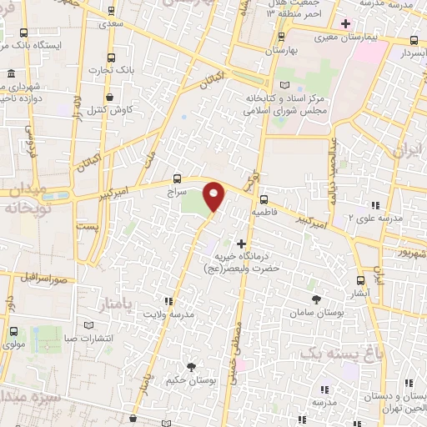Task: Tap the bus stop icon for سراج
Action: [177, 178]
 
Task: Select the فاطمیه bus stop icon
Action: [264, 199]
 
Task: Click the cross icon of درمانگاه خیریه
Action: [242, 244]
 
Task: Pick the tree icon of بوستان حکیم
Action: [191, 366]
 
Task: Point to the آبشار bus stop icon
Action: [360, 281]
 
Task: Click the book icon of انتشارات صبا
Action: [89, 326]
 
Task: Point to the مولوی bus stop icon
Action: [12, 331]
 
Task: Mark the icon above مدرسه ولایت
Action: [169, 300]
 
